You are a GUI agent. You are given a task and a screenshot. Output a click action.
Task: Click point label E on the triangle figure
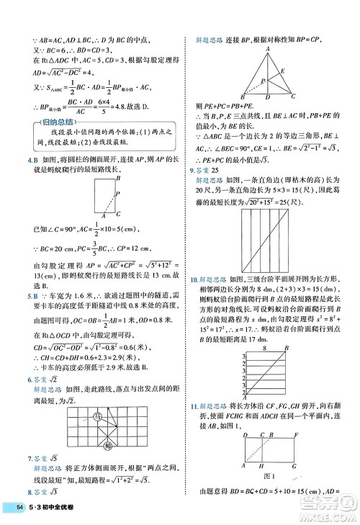click(282, 71)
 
